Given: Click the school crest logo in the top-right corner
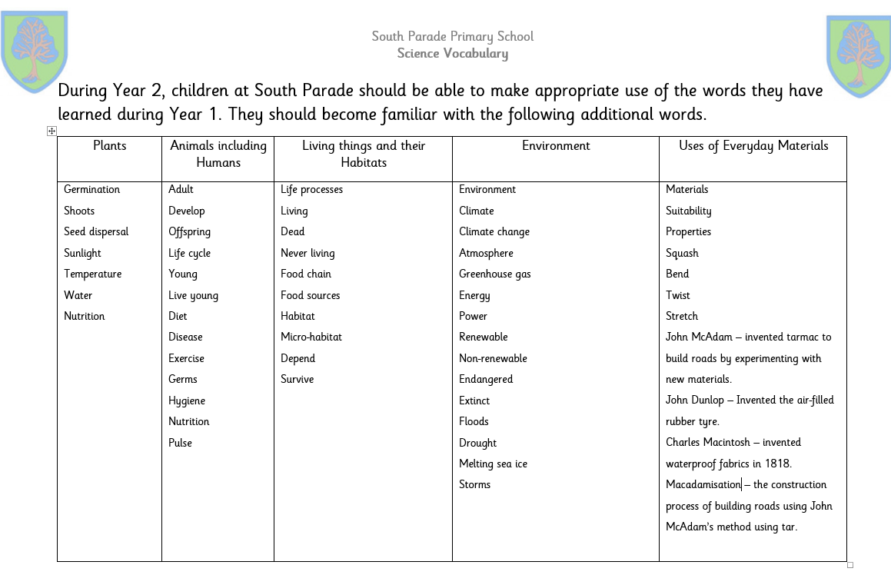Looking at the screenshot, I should coord(859,55).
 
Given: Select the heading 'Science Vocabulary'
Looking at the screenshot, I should coord(452,53).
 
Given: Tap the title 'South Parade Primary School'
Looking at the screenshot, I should coord(452,36).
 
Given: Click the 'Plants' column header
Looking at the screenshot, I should coord(109,145).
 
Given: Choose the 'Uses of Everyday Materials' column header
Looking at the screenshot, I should coord(753,145).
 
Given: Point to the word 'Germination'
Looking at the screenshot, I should coord(91,189).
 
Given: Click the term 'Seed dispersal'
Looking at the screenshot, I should coord(96,231).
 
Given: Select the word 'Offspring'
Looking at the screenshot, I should coord(189,231).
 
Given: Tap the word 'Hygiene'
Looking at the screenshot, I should coord(187,401).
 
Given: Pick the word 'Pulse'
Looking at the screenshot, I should coord(180,443).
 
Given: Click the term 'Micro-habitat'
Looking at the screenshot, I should coord(311,337).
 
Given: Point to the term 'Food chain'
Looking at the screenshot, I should coord(306,274).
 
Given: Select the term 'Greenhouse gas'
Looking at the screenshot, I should coord(494,274).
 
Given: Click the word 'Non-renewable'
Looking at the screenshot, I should coord(493,358).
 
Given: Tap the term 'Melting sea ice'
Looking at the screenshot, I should coord(493,464).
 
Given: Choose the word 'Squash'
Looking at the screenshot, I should coord(682,253).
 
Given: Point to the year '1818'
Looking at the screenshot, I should coord(776,464).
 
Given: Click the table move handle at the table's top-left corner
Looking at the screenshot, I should coord(52,131).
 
